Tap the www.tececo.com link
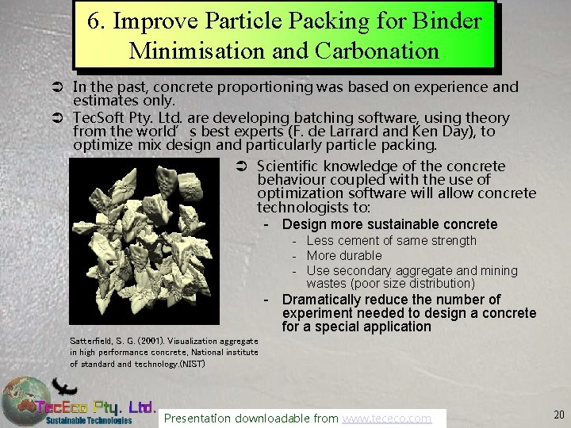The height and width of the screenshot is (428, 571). click(x=386, y=418)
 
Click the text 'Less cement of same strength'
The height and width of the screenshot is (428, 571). click(x=391, y=240)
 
